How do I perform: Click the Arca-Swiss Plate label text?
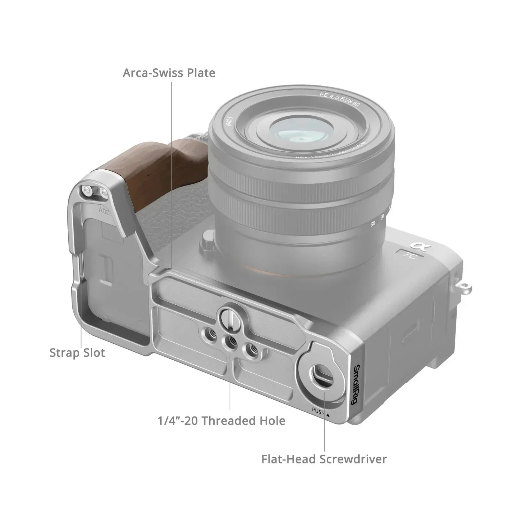pyautogui.click(x=169, y=73)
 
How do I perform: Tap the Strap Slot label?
pyautogui.click(x=77, y=353)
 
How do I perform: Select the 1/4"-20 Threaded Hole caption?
pyautogui.click(x=221, y=421)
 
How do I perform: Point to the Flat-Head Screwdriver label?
pyautogui.click(x=324, y=459)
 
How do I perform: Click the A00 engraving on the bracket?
pyautogui.click(x=104, y=211)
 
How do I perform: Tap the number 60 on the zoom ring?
pyautogui.click(x=372, y=224)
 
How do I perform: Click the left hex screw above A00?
pyautogui.click(x=86, y=191)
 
